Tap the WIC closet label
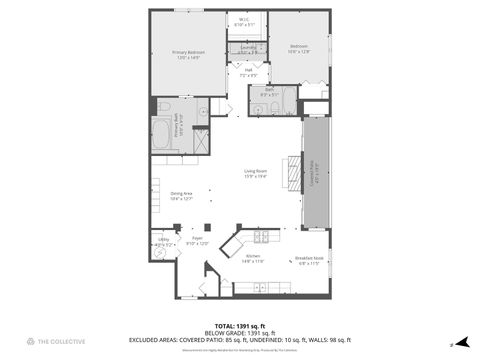click(244, 21)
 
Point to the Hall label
click(248, 72)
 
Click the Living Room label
click(256, 174)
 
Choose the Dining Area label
click(181, 196)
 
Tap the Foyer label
click(198, 241)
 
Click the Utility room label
click(163, 241)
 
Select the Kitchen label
click(252, 258)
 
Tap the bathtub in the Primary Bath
click(162, 135)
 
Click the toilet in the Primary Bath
click(165, 106)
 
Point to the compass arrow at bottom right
click(452, 343)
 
